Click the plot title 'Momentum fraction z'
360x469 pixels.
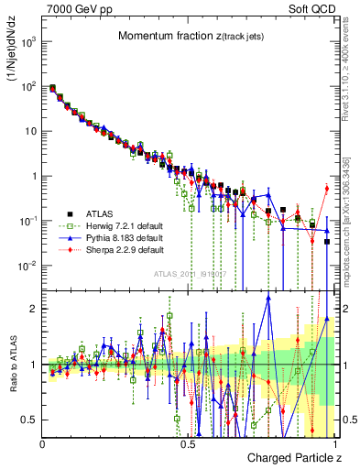180,36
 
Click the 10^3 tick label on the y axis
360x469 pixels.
27,42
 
